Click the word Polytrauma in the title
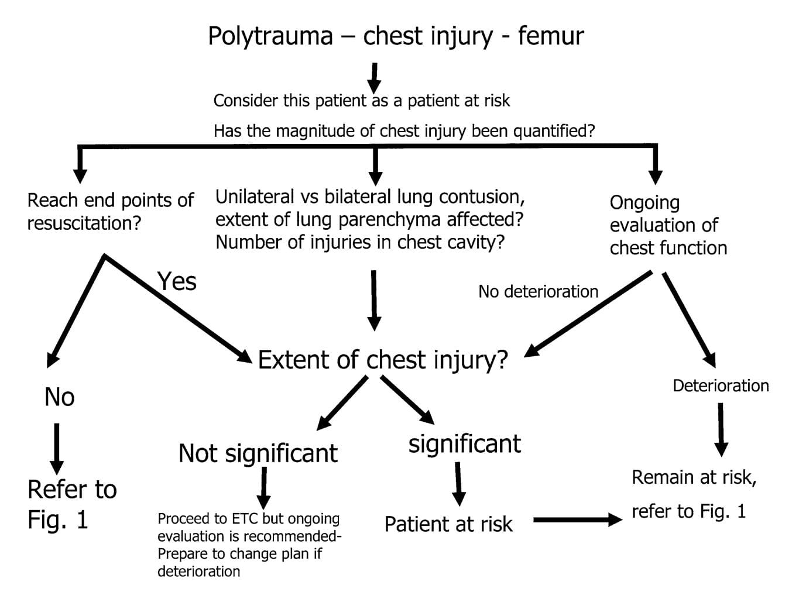click(x=270, y=36)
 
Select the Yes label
click(x=177, y=281)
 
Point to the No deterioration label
click(x=538, y=291)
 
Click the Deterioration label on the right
click(x=721, y=385)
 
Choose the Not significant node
click(x=258, y=453)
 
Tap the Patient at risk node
click(x=448, y=524)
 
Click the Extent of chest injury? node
click(x=383, y=360)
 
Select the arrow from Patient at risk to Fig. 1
click(x=577, y=519)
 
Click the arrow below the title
click(x=375, y=77)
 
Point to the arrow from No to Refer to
click(x=56, y=448)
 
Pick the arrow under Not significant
click(x=264, y=488)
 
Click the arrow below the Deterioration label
click(x=721, y=429)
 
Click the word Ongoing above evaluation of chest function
click(x=644, y=203)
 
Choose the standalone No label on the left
click(x=59, y=397)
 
